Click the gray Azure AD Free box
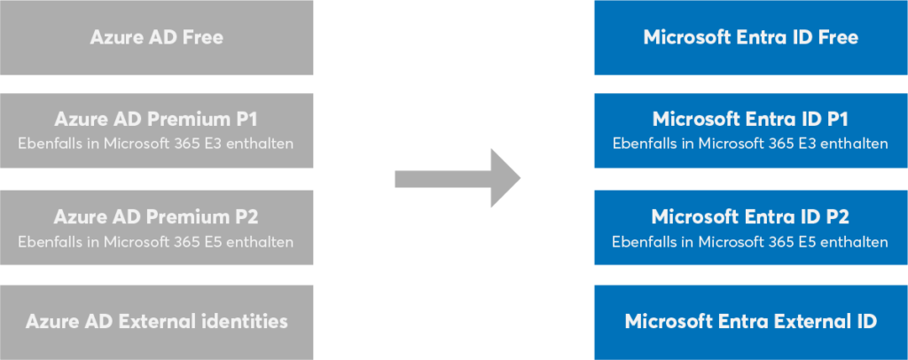[x=156, y=37]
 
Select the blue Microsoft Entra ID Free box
[x=750, y=37]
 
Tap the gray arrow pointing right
[x=457, y=178]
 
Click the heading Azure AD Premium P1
[x=156, y=119]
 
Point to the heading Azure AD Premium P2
[x=156, y=216]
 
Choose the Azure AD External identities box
[x=156, y=321]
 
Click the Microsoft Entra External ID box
[x=750, y=321]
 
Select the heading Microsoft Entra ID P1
[x=750, y=119]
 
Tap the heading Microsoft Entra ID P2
[x=750, y=216]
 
